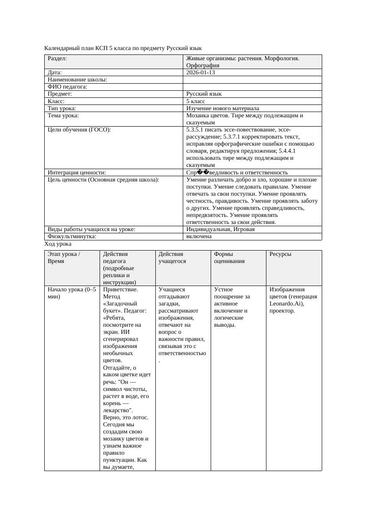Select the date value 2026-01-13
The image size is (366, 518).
[200, 72]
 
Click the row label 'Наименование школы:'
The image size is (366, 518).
[77, 80]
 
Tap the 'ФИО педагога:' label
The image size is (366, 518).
[67, 87]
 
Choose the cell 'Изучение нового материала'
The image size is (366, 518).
[223, 108]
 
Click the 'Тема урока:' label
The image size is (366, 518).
[63, 116]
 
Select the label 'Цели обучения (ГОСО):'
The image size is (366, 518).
[79, 130]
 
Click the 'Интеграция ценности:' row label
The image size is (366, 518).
[77, 172]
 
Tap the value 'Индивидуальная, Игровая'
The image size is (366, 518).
[220, 229]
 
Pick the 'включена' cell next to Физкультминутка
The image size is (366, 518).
[199, 236]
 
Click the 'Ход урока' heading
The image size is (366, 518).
[58, 244]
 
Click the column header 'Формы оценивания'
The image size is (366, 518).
[229, 258]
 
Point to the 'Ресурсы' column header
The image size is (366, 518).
[281, 254]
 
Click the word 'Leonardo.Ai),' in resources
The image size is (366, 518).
[286, 304]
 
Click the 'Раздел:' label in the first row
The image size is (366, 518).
[57, 58]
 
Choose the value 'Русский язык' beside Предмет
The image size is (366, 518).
[204, 94]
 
